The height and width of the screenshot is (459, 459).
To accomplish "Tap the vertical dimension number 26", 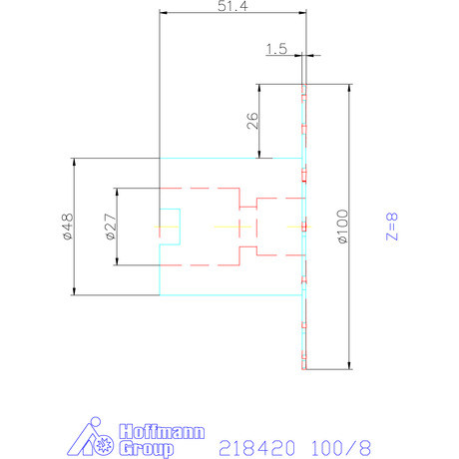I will pos(251,121).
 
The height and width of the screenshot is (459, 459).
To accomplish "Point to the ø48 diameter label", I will pos(66,228).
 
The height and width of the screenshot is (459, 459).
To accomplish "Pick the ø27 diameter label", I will pos(109,228).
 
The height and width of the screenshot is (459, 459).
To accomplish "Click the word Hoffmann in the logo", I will pos(161,433).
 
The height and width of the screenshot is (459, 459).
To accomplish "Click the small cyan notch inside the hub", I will pos(170,227).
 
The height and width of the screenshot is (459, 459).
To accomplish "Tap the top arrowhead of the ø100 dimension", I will pos(349,87).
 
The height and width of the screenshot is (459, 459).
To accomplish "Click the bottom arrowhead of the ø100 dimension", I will pos(349,365).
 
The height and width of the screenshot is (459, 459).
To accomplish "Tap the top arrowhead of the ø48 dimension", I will pos(74,163).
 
